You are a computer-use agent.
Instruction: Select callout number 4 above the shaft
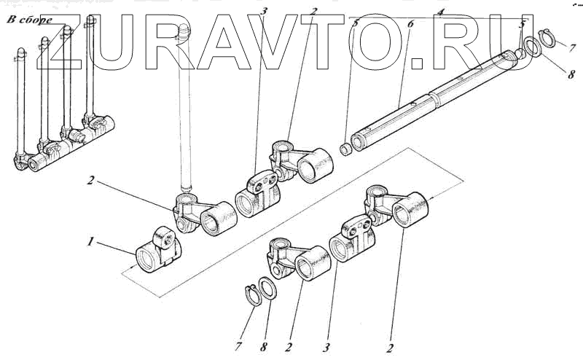point(440,12)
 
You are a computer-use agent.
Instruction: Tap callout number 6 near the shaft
point(410,23)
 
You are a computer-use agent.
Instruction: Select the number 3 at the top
point(265,12)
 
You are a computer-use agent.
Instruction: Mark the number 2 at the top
point(313,12)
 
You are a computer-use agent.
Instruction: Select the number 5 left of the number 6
point(354,23)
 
